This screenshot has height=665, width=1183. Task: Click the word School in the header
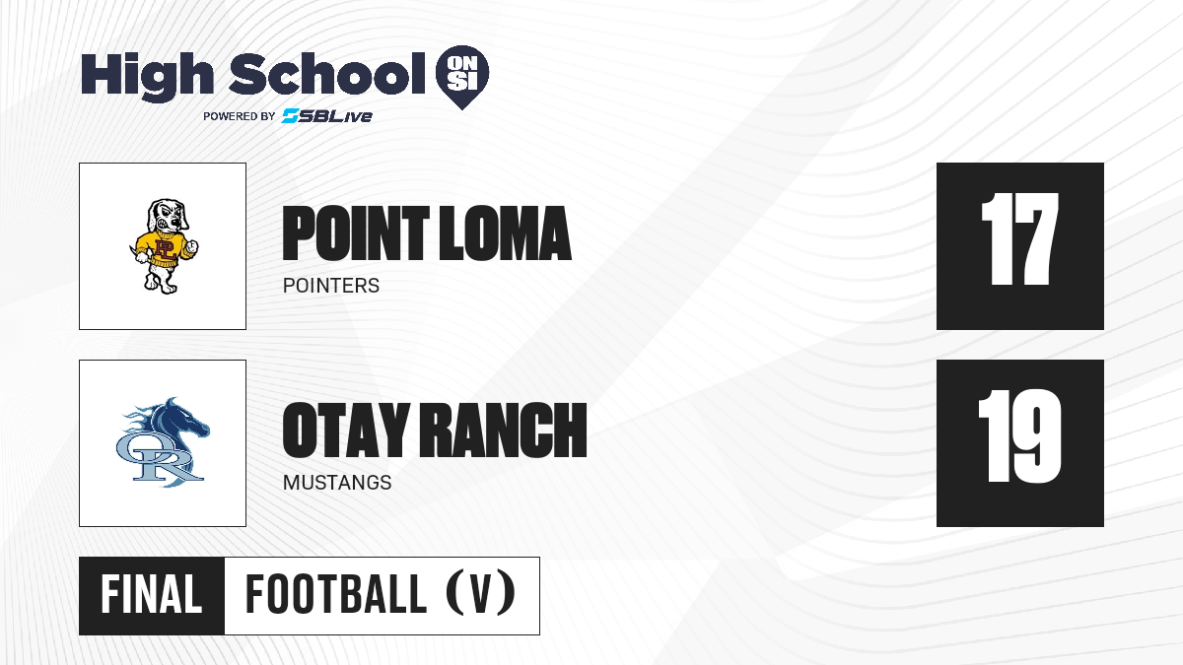coord(327,73)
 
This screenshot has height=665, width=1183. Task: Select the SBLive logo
coord(326,116)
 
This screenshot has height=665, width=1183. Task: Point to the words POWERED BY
coord(240,116)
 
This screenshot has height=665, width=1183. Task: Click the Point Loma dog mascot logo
coord(163,246)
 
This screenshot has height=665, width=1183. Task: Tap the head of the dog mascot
coord(167,217)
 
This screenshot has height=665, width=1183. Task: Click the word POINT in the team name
coord(356,233)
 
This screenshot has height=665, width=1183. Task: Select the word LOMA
coord(506,233)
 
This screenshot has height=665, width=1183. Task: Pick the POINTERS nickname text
coord(331,286)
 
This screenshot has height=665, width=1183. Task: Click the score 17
coord(1019,239)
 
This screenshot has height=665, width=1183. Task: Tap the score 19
coord(1019,436)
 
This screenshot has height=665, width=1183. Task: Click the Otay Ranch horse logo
coord(163,442)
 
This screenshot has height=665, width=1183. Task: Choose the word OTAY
coord(346,431)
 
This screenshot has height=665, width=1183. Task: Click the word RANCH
coord(504,431)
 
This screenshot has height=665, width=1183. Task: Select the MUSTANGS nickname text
coord(337,483)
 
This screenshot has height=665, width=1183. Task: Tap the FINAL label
coord(152,594)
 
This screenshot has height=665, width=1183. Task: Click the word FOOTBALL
coord(336,594)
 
